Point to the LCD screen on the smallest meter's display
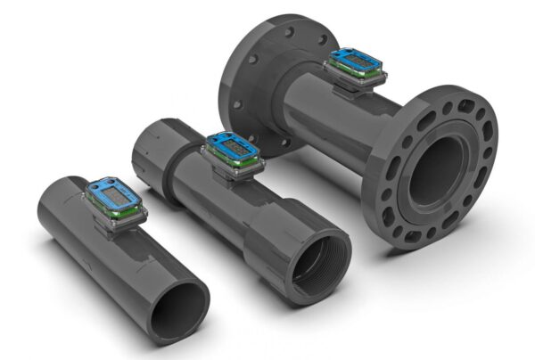pyautogui.click(x=111, y=190)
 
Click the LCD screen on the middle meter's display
pyautogui.click(x=228, y=143)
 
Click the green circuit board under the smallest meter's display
pyautogui.click(x=125, y=213)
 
